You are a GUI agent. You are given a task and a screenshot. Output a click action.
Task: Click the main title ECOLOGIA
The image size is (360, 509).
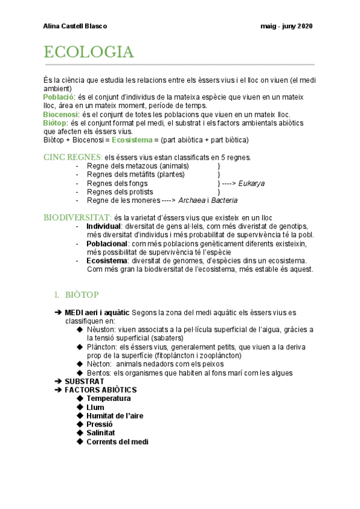coord(88,53)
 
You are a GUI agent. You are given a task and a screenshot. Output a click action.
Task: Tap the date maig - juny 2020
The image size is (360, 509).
coord(287,26)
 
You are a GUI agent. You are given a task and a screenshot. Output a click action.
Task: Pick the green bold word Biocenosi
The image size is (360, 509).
coord(61,114)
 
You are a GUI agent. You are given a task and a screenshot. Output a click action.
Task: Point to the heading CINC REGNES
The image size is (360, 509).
coord(68,157)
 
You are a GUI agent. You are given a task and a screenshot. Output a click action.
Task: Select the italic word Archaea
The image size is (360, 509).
coord(194,200)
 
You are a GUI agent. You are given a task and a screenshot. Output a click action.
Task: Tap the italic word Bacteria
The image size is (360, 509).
coord(225,200)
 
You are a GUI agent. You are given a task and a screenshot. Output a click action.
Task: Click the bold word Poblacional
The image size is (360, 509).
coord(107,244)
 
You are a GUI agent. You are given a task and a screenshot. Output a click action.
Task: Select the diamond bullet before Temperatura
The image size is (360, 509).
coord(80,399)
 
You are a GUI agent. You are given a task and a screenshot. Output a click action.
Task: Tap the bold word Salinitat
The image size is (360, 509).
coord(101,433)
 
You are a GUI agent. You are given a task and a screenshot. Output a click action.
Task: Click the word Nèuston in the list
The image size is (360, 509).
coord(101,330)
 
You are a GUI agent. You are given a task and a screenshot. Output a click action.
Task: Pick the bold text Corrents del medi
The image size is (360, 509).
coord(117,442)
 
